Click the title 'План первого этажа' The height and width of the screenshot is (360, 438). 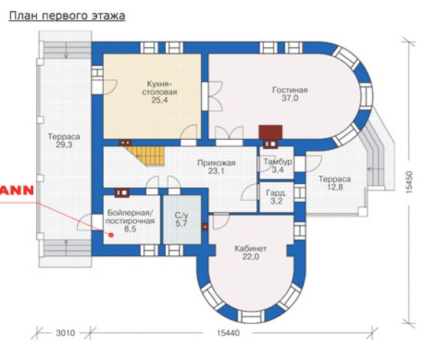pos(67,16)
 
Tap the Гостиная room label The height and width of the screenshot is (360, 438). pos(290,90)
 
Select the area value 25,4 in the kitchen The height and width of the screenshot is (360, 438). pos(159,100)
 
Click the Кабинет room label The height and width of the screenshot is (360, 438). pos(250,249)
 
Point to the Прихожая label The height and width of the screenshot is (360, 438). pos(217,163)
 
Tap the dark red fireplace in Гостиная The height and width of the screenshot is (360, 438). pos(270,132)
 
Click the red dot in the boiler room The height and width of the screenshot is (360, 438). pos(111,235)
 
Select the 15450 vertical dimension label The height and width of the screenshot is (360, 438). pos(408,182)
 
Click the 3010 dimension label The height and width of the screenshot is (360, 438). pos(66,333)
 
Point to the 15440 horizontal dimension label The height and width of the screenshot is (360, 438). pos(228,333)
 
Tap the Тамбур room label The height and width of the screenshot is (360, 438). pos(278,162)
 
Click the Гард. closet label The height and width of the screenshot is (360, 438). pos(276,193)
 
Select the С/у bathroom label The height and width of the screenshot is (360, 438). pos(182,216)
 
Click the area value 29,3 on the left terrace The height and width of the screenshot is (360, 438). pos(64,145)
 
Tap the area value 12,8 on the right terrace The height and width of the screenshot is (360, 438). pos(335,187)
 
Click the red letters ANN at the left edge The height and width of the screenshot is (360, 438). pos(17,190)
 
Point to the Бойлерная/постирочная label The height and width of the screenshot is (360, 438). pos(130,217)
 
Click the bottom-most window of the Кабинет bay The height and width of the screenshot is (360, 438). pos(251,316)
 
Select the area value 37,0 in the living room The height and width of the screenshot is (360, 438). pos(290,98)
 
